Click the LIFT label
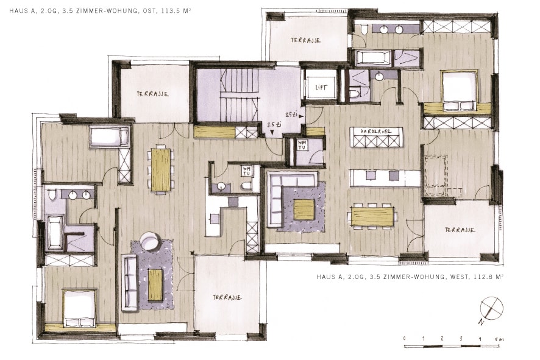(x=321, y=87)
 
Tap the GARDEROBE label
(x=375, y=131)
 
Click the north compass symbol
(x=491, y=308)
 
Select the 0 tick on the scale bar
(x=405, y=338)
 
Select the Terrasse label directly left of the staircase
(x=152, y=94)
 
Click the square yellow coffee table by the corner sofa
(x=304, y=210)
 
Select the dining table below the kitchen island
(x=372, y=216)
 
